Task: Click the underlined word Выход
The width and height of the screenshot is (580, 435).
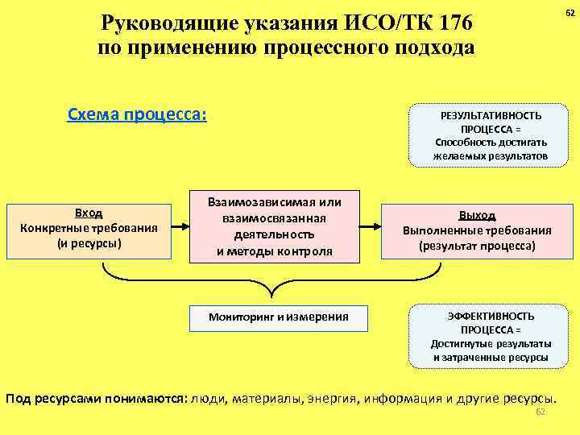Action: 477,215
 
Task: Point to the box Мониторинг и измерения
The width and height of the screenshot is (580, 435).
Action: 279,317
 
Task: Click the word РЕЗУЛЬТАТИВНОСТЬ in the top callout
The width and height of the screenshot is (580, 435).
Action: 491,115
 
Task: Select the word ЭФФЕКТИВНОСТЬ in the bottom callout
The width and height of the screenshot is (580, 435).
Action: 490,317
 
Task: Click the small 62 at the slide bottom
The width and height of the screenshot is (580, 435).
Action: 541,412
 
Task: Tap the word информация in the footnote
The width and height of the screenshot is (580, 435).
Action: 399,399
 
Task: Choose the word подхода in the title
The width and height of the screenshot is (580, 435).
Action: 432,48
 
